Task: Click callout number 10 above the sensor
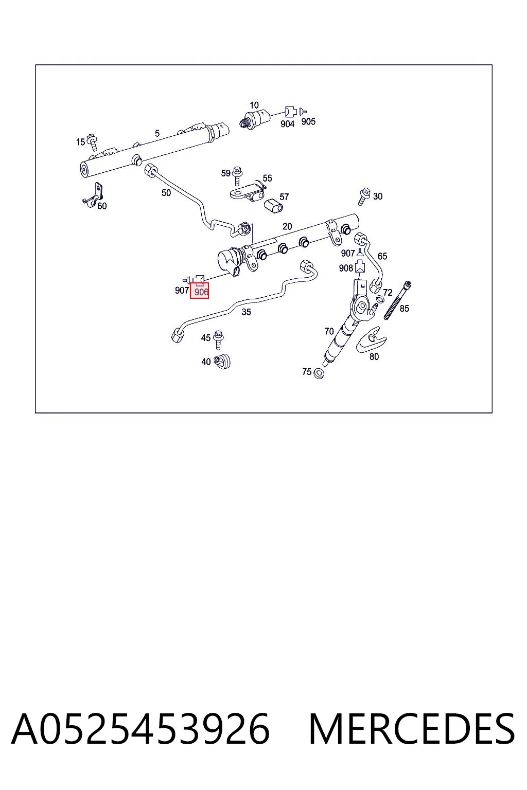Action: click(254, 105)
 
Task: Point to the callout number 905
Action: click(308, 121)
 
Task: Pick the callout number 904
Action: click(287, 124)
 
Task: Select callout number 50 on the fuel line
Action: click(166, 192)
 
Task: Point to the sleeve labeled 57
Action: click(273, 206)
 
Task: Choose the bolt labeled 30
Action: click(363, 196)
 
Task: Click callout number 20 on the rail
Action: click(287, 226)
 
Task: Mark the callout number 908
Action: click(346, 268)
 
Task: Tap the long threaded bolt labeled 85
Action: click(398, 300)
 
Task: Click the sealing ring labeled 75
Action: click(319, 373)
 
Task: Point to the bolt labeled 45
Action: click(219, 339)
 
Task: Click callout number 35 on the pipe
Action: click(246, 312)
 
